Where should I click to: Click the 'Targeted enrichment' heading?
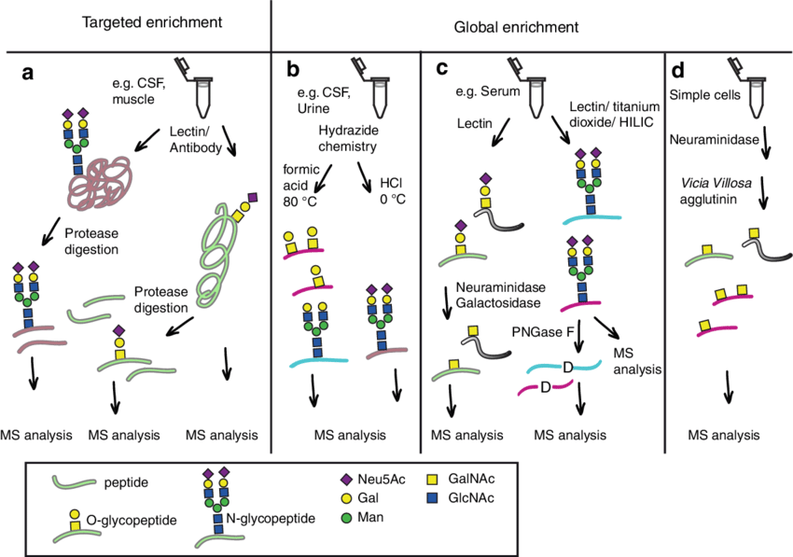point(136,21)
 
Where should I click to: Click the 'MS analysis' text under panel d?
point(722,435)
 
